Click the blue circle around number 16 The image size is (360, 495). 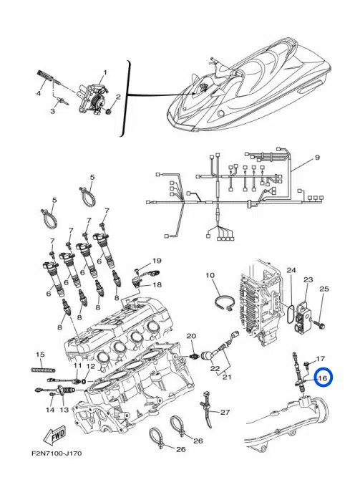pos(321,378)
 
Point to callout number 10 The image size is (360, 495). pos(210,275)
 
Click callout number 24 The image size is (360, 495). pos(291,270)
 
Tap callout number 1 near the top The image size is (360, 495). pos(104,72)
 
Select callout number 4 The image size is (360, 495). pos(39,93)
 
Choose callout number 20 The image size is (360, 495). pos(191,336)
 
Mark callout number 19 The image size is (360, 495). pos(157,261)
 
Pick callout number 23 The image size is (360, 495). pos(308,279)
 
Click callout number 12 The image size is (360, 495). pos(90,366)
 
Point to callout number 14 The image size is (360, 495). pos(50,410)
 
